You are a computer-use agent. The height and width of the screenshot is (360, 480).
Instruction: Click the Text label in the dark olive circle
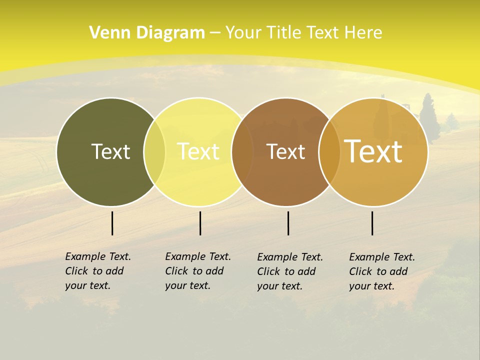click(x=110, y=151)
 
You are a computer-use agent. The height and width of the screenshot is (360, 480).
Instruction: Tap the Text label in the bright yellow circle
click(x=198, y=151)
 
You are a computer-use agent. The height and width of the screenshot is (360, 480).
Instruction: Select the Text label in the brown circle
click(x=285, y=151)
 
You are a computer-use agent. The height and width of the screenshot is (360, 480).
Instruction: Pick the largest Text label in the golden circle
click(x=373, y=151)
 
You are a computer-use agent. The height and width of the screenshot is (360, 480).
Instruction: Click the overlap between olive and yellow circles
click(x=154, y=152)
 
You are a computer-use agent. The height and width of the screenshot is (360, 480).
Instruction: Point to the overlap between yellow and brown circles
click(x=241, y=152)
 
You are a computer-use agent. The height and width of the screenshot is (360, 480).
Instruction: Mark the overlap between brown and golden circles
click(x=329, y=152)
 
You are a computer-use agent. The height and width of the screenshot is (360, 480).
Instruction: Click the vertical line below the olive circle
click(x=112, y=223)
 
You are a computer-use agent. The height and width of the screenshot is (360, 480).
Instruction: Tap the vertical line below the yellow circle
click(x=200, y=223)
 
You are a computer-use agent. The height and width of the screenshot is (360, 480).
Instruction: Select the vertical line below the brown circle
click(x=288, y=223)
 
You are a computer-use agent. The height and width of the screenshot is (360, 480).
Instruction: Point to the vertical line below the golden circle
click(x=372, y=223)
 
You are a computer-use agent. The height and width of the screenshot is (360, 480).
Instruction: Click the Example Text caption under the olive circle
click(x=97, y=271)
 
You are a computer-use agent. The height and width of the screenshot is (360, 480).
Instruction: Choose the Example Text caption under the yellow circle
click(x=197, y=271)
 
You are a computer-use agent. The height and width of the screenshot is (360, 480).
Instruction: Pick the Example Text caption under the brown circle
click(x=289, y=271)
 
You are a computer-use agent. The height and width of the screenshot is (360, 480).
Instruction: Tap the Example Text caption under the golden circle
click(x=381, y=271)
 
